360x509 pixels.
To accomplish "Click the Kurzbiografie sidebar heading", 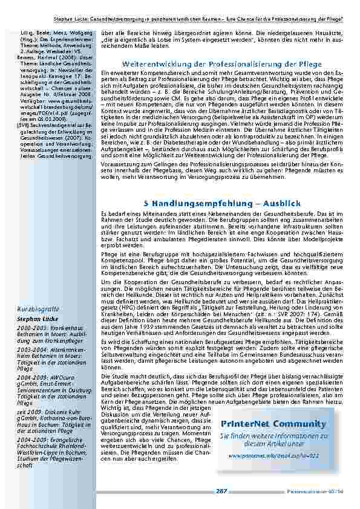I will click(38, 308).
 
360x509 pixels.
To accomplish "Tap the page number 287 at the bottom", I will click(221, 491).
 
